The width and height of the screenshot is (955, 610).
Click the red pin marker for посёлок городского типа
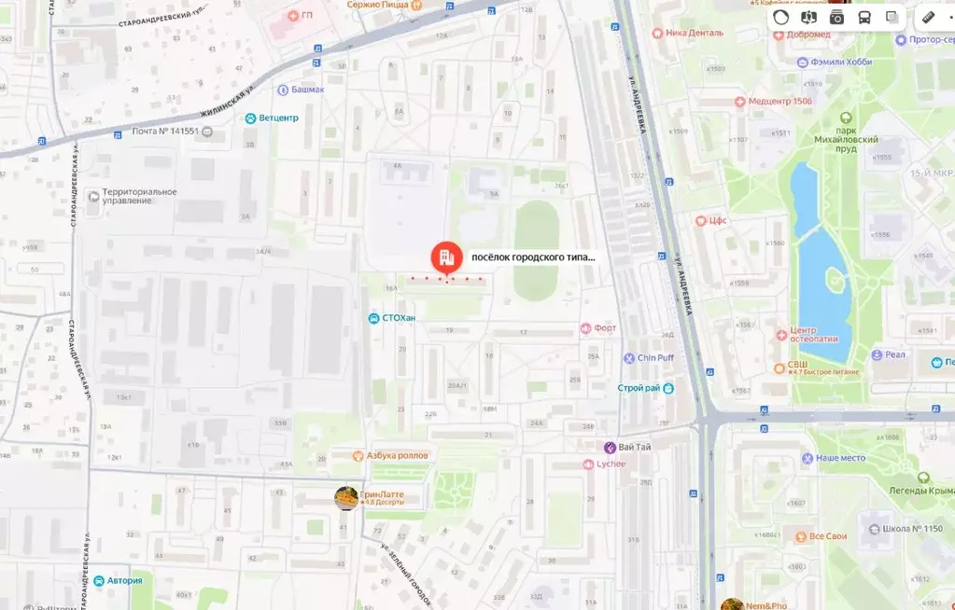click(x=446, y=257)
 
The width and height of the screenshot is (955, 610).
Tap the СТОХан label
click(x=399, y=318)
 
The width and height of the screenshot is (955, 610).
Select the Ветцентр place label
click(x=278, y=118)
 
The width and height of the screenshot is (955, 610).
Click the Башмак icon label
click(x=283, y=90)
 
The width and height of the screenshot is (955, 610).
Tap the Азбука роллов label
click(x=397, y=455)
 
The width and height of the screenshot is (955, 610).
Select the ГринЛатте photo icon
click(x=346, y=498)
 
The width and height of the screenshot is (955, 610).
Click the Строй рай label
click(x=639, y=388)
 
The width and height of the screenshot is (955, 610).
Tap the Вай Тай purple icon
click(x=611, y=448)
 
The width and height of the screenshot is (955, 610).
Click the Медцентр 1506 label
click(x=780, y=101)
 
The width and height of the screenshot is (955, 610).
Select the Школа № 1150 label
click(x=912, y=529)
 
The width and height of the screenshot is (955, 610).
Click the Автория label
click(x=124, y=580)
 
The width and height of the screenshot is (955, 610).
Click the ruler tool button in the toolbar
click(x=928, y=17)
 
